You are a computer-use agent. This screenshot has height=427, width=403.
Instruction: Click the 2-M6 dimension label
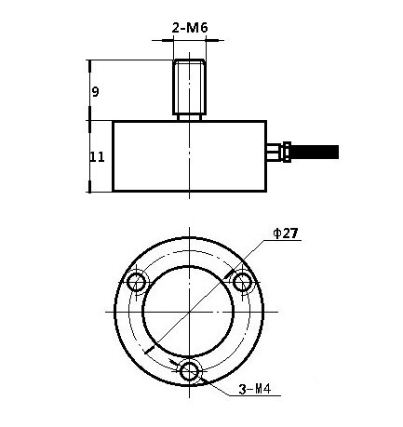[x=190, y=28]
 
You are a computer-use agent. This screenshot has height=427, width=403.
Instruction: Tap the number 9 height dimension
[x=95, y=92]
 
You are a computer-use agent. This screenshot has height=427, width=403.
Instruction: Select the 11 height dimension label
[x=97, y=157]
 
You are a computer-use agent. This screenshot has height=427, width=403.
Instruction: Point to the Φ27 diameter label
[x=286, y=234]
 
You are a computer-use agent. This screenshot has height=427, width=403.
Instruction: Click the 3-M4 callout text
[x=255, y=389]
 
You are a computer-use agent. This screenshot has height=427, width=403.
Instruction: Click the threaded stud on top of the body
[x=189, y=87]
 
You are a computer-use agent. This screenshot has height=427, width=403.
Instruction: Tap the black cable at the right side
[x=315, y=152]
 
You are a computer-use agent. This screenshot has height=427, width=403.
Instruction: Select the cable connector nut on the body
[x=287, y=152]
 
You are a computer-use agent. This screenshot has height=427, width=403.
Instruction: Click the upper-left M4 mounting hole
[x=137, y=282]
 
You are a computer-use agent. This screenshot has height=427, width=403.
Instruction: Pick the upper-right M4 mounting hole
[x=242, y=282]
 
